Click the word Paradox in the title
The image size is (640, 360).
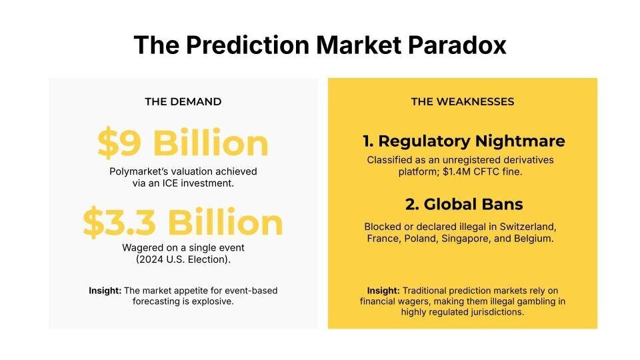point(457,45)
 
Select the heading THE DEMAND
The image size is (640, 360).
point(183,101)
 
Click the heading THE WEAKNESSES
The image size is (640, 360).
point(463,101)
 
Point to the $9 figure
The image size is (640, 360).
point(119,143)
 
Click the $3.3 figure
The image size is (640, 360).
point(119,222)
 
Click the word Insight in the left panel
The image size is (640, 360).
point(105,291)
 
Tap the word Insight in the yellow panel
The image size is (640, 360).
point(383,291)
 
